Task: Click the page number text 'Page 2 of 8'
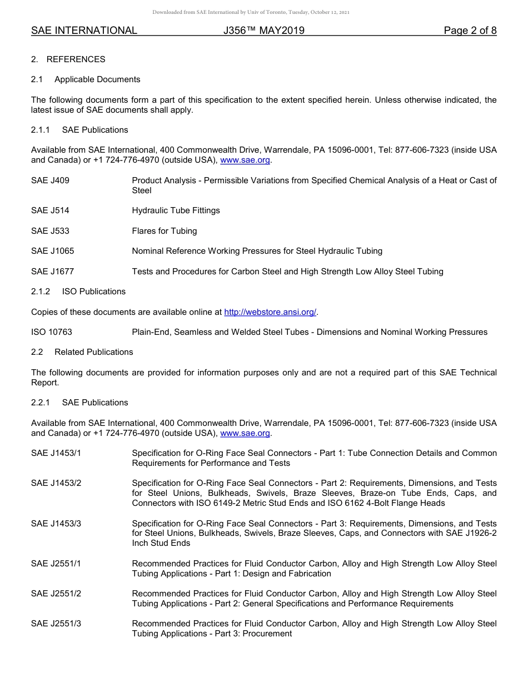tap(470, 31)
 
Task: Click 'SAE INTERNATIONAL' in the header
tap(84, 31)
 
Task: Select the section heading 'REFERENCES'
tap(76, 59)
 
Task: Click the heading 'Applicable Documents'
tap(97, 79)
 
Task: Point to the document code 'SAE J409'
tap(50, 180)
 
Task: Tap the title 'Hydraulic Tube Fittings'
tap(176, 210)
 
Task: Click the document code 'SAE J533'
tap(50, 231)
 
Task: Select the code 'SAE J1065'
tap(52, 251)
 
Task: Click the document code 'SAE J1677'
tap(52, 272)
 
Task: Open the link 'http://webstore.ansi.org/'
tap(270, 312)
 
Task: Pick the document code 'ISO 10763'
tap(51, 332)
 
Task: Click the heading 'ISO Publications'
tap(94, 292)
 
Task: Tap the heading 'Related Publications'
tap(94, 352)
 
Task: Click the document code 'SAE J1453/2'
tap(56, 483)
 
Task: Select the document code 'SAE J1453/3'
tap(56, 524)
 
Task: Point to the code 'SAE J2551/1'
tap(56, 564)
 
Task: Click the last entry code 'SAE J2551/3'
tap(56, 624)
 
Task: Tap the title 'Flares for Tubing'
tap(164, 231)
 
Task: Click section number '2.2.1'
tap(41, 403)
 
